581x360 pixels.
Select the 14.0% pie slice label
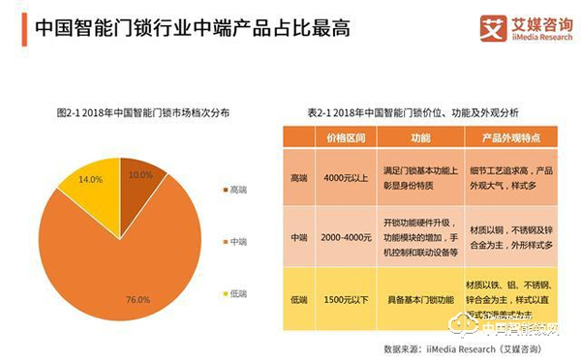pos(90,179)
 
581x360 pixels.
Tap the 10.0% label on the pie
pos(140,174)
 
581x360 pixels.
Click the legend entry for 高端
pos(233,190)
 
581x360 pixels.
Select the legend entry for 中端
pos(233,240)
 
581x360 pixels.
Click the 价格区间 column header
pos(346,137)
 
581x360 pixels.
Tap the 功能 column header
pos(419,137)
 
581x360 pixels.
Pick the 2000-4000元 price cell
pos(346,237)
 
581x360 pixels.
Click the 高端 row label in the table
pos(299,177)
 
